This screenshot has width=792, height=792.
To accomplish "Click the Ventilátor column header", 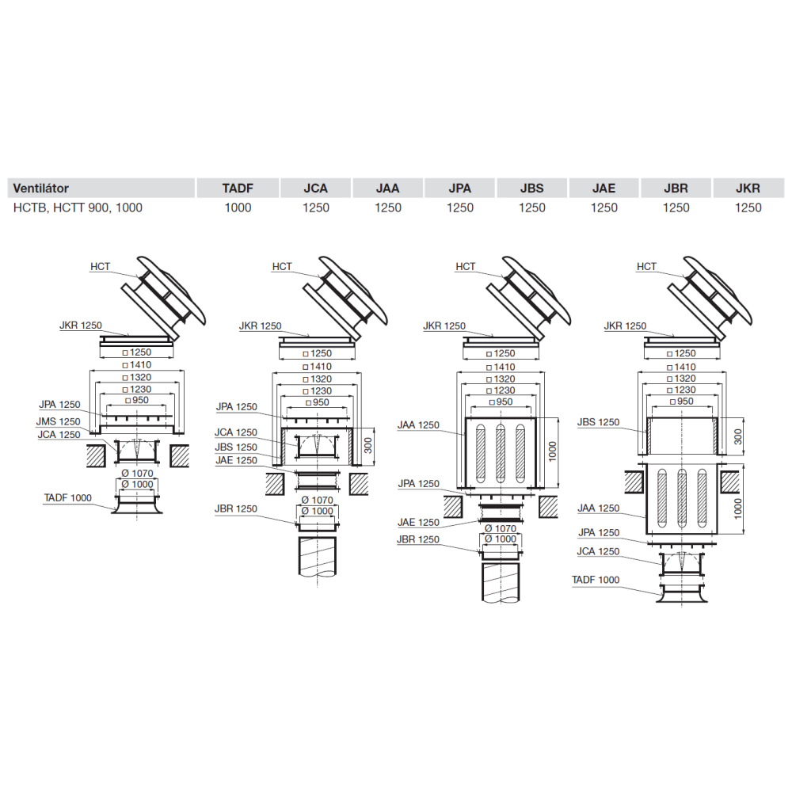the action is (x=41, y=188).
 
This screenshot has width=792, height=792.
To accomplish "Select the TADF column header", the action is (x=238, y=188).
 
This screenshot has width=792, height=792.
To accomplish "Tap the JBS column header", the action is (x=532, y=188).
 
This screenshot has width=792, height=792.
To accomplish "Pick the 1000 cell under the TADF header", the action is (x=238, y=208).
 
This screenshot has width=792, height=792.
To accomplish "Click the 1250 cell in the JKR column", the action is (x=748, y=208).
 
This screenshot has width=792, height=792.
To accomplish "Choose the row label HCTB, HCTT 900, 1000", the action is (x=78, y=208).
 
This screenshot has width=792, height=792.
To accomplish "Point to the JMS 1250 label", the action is (x=58, y=421).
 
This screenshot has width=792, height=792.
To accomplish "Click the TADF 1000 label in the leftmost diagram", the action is (x=67, y=497).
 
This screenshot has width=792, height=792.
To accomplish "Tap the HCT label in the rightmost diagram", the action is (x=646, y=266).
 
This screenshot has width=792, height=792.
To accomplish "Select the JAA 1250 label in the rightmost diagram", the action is (x=598, y=508).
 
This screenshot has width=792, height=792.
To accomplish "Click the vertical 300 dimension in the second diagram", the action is (x=367, y=445).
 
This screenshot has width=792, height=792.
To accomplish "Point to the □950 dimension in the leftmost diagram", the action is (x=137, y=400).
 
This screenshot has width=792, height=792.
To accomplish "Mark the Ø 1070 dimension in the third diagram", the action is (x=500, y=528).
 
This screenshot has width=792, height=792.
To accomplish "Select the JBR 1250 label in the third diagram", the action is (x=418, y=539).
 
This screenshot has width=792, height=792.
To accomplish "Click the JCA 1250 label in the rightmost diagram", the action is (x=598, y=551).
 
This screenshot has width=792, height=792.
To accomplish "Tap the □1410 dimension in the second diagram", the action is (x=318, y=366).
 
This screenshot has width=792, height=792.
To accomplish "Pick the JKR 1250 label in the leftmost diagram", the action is (x=81, y=326).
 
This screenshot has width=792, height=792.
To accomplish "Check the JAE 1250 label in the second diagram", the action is (x=236, y=460).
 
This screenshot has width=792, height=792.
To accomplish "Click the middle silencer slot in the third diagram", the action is (x=500, y=453).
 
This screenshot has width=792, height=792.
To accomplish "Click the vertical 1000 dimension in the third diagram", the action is (x=552, y=451).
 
